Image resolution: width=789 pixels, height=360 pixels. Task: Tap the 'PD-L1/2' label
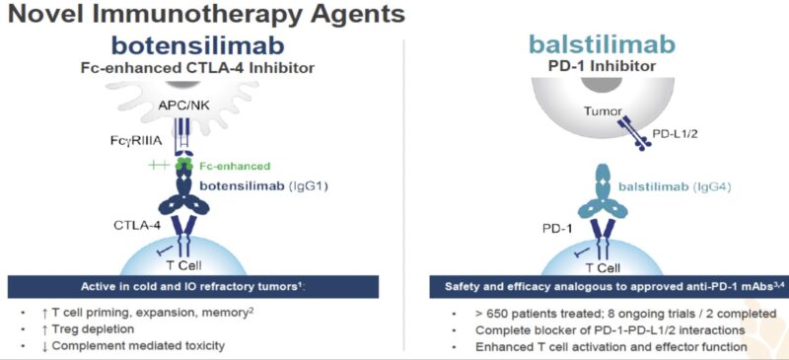coord(680,132)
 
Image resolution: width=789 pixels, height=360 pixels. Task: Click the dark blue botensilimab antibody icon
coord(184,197)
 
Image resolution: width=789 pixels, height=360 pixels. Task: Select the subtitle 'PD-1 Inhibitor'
coord(601,66)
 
